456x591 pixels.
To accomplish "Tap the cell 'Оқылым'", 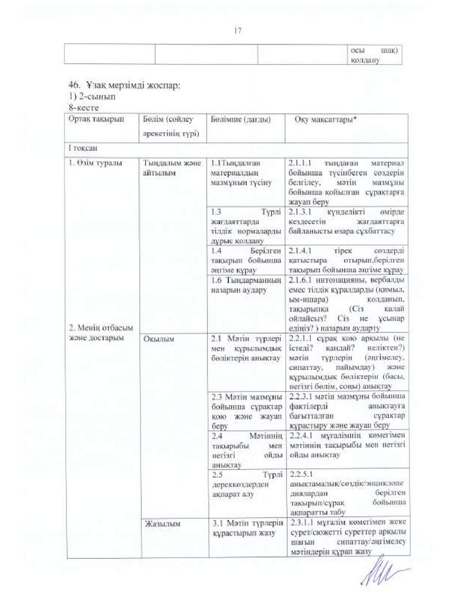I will click(x=156, y=339).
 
